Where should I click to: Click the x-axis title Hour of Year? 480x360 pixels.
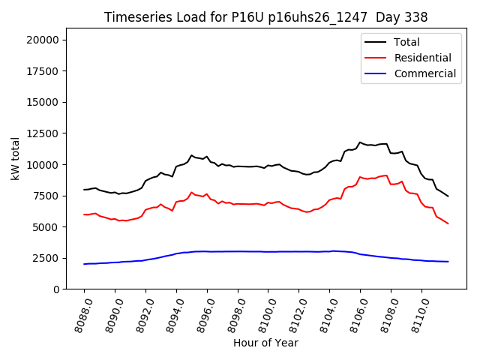pyautogui.click(x=265, y=343)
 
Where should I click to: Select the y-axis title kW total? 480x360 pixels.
pyautogui.click(x=15, y=158)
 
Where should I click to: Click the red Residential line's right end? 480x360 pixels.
pyautogui.click(x=448, y=223)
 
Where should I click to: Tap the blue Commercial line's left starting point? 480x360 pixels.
pyautogui.click(x=84, y=264)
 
